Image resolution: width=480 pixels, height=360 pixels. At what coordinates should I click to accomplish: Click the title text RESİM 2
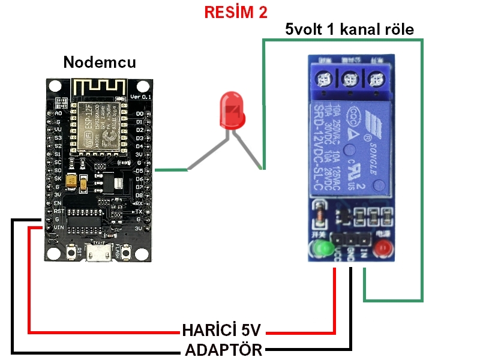(236, 13)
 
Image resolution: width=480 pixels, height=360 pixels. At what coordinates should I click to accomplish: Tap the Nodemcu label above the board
(100, 62)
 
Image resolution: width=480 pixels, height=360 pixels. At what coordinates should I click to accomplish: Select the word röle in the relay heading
(398, 29)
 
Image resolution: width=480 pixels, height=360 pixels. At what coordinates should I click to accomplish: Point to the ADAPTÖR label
(223, 350)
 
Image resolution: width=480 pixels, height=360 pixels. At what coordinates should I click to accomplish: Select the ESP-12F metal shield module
(99, 124)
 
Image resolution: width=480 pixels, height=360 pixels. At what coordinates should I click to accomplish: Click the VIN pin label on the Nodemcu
(58, 228)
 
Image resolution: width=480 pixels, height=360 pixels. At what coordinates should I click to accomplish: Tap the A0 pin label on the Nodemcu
(58, 113)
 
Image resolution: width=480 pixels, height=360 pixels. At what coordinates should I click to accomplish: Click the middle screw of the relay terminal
(350, 79)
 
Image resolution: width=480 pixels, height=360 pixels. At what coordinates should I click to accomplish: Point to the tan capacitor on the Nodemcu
(73, 180)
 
